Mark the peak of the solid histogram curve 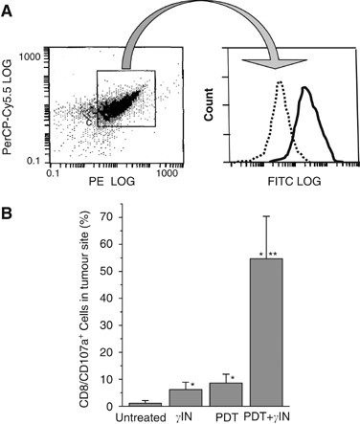point(304,88)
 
